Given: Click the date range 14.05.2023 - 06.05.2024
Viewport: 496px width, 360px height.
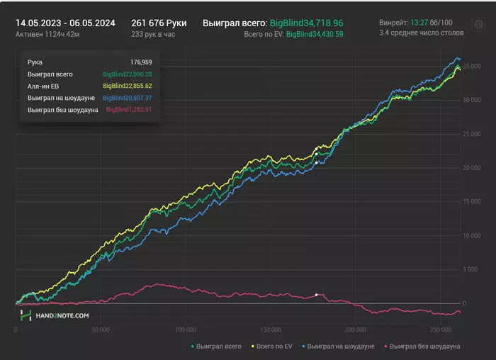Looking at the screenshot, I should pos(65,23).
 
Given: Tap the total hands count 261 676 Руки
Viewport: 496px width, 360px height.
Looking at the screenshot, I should pos(159,23).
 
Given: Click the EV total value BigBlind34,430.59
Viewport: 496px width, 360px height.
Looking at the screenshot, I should pos(315,34).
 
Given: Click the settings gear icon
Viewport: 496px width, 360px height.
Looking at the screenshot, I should pos(478,24).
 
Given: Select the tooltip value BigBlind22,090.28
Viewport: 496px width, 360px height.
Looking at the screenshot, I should pos(128,74).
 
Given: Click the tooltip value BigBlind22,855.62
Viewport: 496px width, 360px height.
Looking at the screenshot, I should pos(128,86).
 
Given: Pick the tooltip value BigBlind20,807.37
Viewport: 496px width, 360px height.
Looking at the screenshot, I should pos(128,98).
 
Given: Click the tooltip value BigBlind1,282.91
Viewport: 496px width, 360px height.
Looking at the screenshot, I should pos(129,110).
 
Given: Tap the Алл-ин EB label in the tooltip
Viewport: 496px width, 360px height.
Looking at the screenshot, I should pos(43,86).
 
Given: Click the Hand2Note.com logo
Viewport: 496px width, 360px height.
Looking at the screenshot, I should pos(55,315).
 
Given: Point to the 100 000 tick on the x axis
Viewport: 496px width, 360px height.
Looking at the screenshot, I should pos(185,330).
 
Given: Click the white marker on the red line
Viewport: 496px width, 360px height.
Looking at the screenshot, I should pos(316,294).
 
